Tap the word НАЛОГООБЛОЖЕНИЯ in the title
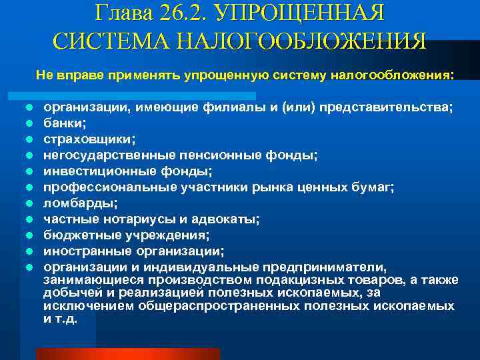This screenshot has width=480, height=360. [303, 41]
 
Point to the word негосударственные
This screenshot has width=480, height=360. [110, 155]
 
